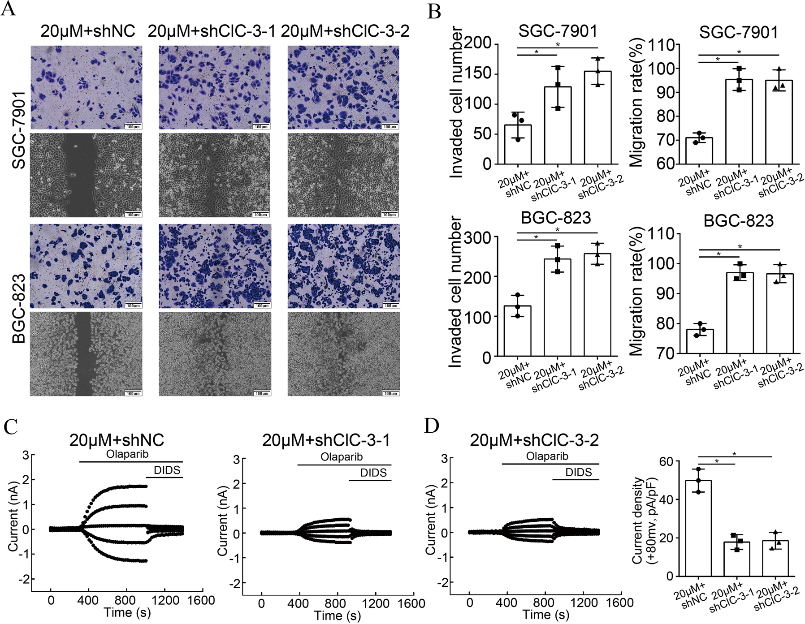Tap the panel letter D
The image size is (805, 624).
click(432, 426)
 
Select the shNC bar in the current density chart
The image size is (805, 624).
click(698, 528)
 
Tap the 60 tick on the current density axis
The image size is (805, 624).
click(667, 461)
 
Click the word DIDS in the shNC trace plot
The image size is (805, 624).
click(167, 470)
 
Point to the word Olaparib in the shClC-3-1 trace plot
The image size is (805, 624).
click(342, 457)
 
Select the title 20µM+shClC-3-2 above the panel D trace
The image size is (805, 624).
click(534, 441)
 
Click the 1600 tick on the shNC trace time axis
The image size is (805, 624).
click(201, 600)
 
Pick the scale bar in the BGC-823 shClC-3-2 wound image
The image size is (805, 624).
click(390, 393)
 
